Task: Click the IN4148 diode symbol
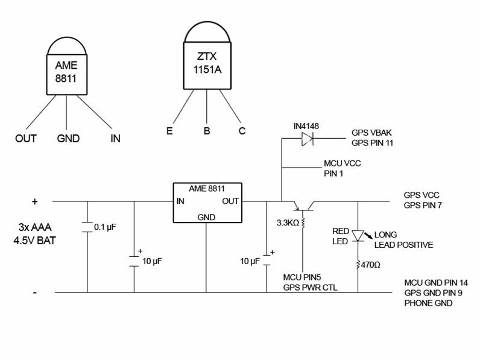coord(307,138)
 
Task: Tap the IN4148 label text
coord(306,125)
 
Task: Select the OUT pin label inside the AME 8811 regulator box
coord(230,201)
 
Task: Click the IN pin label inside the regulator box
coord(180,201)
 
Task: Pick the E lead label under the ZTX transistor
coord(170,130)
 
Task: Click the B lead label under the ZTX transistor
coord(207,130)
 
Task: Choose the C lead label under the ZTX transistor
coord(242,130)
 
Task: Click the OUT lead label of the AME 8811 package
coord(26,138)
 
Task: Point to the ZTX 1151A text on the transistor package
coord(207,63)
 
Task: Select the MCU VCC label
coord(343,163)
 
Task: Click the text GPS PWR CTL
coord(311,287)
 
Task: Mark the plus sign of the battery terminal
coord(35,201)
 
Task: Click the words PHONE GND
coord(429,303)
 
